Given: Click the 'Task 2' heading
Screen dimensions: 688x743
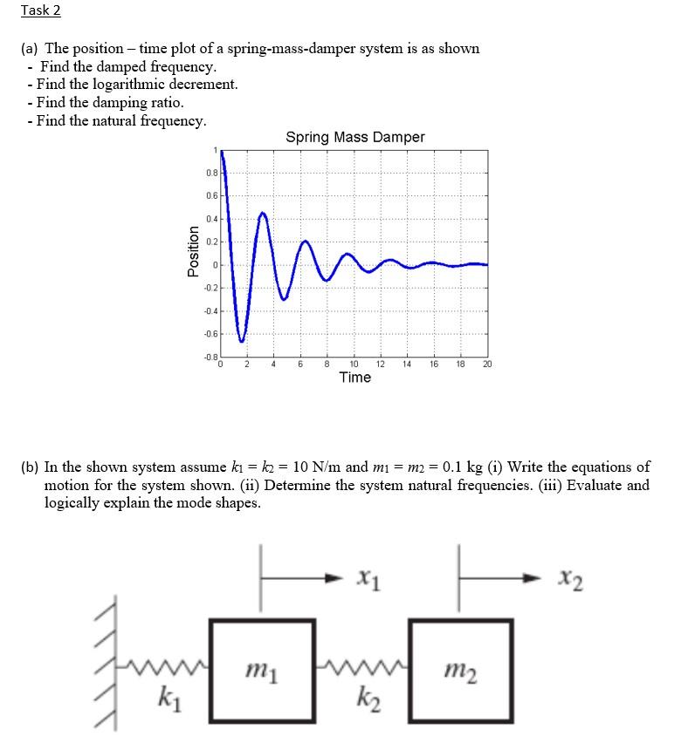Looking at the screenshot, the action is (x=42, y=10).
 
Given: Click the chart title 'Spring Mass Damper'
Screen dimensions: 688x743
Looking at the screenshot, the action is (x=354, y=137).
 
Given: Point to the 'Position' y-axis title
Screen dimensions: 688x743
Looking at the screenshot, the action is (x=193, y=251).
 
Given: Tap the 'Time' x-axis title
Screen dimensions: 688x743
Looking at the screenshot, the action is (x=354, y=378).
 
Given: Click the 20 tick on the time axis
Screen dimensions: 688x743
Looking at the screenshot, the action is (x=487, y=364).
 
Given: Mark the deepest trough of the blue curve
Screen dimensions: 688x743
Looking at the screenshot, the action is (x=243, y=340).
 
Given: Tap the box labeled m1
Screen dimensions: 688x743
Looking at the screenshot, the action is (x=261, y=670).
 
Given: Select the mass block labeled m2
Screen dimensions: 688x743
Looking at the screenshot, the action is (x=461, y=670).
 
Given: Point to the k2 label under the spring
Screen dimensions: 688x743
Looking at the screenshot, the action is (x=363, y=698).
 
